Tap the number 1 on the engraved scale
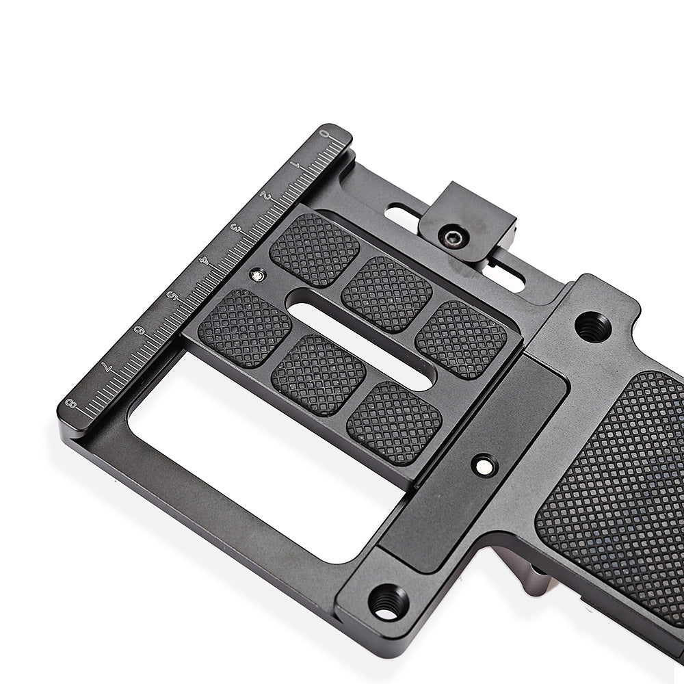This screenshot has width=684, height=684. pos(295,166)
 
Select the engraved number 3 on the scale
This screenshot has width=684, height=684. pos(235,228)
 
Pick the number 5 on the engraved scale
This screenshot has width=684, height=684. pos(173,295)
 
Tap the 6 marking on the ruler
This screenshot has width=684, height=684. pos(140,330)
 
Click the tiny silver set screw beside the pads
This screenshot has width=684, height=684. pos(256,275)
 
